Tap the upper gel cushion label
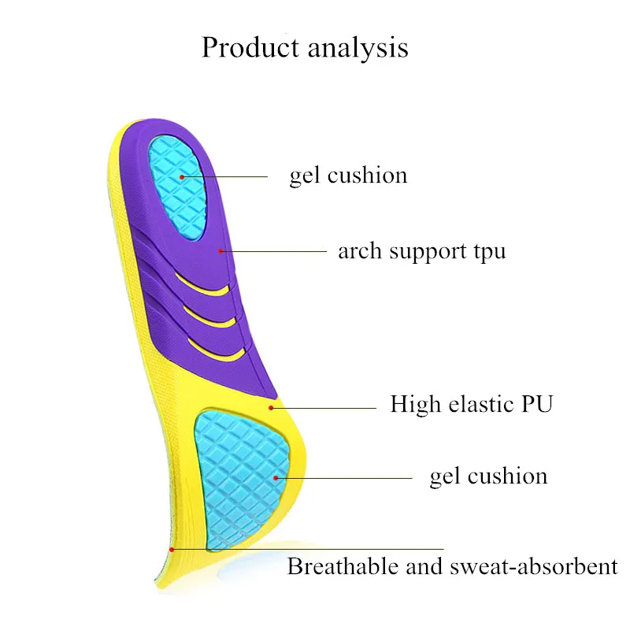[348, 175]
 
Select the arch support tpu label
[421, 251]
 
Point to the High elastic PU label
[471, 405]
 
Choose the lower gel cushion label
[487, 476]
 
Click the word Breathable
[339, 565]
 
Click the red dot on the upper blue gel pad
[181, 176]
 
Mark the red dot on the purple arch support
[222, 251]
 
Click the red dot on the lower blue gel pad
[276, 476]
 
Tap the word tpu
[488, 253]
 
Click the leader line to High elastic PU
[327, 408]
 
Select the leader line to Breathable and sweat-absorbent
[315, 549]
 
